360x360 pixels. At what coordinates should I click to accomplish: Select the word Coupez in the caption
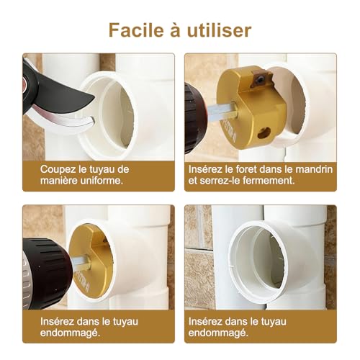coord(59,168)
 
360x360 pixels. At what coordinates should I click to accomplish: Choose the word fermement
coord(269,180)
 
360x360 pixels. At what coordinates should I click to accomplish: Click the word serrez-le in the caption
coord(223,180)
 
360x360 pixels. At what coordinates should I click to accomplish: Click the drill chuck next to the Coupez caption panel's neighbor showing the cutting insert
coord(194,115)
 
